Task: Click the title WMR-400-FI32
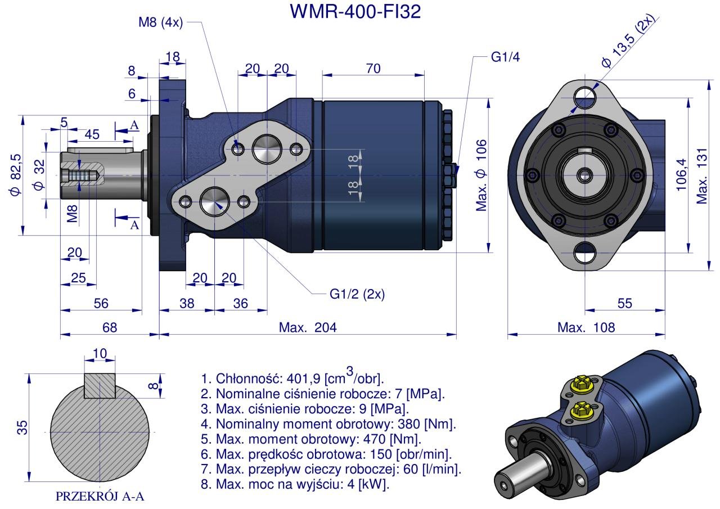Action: (x=355, y=12)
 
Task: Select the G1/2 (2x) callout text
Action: (x=357, y=294)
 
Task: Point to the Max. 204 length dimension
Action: (x=308, y=327)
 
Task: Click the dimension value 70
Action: (x=373, y=69)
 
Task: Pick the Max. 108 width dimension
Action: (x=586, y=327)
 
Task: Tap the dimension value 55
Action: (x=624, y=303)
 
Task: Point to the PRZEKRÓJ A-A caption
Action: (x=100, y=496)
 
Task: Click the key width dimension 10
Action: (x=100, y=353)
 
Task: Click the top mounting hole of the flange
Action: (x=586, y=95)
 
